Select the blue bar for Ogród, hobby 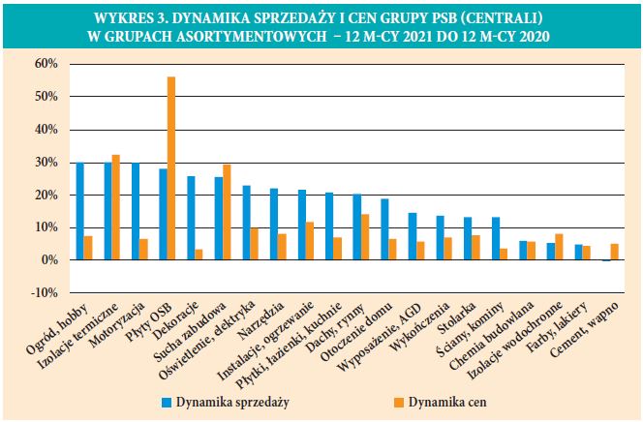click(79, 211)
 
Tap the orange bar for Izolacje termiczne click(116, 207)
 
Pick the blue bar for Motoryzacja click(135, 211)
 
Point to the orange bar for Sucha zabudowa click(227, 212)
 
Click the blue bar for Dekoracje click(191, 218)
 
